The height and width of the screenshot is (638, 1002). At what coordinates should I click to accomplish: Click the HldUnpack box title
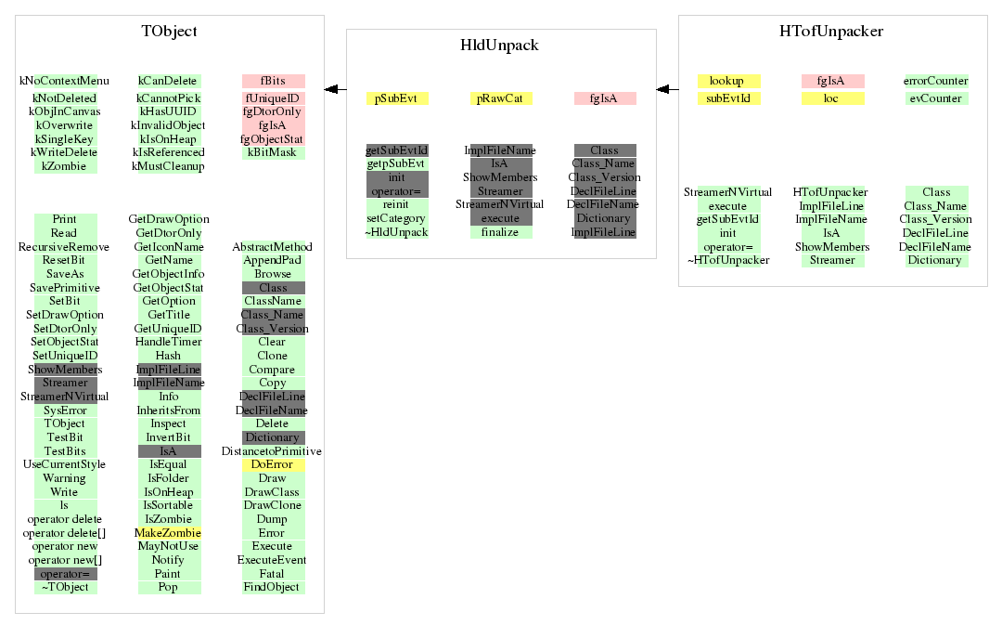(x=499, y=46)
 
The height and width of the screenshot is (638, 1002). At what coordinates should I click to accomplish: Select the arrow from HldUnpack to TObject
(x=336, y=89)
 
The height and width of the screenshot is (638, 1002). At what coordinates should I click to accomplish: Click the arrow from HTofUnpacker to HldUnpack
(x=667, y=89)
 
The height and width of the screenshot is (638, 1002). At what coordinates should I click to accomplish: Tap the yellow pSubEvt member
(x=396, y=98)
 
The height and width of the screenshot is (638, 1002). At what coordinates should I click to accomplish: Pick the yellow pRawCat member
(x=500, y=98)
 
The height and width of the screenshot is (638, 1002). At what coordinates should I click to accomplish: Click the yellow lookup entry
(x=728, y=81)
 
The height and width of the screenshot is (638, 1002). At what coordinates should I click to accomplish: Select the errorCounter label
(x=936, y=81)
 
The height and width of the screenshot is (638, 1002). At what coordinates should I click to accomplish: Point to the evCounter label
(x=936, y=98)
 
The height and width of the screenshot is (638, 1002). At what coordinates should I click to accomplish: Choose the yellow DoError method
(x=273, y=464)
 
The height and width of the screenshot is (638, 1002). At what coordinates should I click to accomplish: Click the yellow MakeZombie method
(x=169, y=533)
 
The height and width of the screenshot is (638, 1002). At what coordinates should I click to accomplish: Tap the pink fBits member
(x=273, y=81)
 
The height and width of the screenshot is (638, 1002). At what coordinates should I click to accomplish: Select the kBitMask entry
(x=273, y=152)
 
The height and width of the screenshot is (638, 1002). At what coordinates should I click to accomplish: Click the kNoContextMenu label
(x=65, y=81)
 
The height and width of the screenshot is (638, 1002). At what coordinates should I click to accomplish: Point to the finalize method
(x=500, y=232)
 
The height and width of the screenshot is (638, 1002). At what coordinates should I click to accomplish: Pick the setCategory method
(x=396, y=218)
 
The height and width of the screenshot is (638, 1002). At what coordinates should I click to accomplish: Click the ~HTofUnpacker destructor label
(x=728, y=260)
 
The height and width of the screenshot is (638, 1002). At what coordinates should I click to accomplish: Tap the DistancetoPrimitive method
(x=272, y=451)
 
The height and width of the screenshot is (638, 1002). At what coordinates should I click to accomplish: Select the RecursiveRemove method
(x=64, y=247)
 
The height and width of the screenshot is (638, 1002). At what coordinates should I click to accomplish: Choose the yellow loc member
(x=832, y=98)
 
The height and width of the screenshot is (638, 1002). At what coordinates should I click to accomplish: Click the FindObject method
(x=273, y=588)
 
